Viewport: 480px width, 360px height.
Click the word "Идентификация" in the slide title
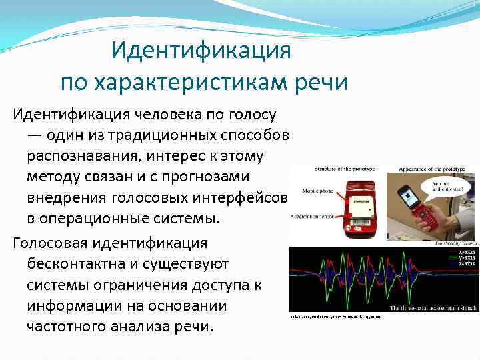pyautogui.click(x=201, y=50)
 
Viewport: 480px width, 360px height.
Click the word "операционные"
pyautogui.click(x=92, y=219)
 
